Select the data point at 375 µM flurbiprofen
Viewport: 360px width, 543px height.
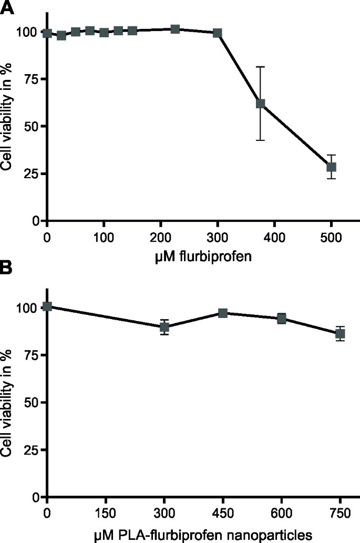pyautogui.click(x=260, y=104)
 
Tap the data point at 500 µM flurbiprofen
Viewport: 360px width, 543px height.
pyautogui.click(x=331, y=167)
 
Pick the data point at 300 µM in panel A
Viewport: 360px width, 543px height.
pyautogui.click(x=217, y=33)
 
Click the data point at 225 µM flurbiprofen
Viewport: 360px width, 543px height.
pyautogui.click(x=175, y=29)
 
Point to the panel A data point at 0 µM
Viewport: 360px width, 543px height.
pyautogui.click(x=47, y=33)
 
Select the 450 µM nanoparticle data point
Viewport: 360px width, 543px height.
pyautogui.click(x=222, y=313)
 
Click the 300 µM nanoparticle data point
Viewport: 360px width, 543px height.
pyautogui.click(x=164, y=327)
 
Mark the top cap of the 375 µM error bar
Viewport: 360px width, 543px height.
pyautogui.click(x=260, y=67)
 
